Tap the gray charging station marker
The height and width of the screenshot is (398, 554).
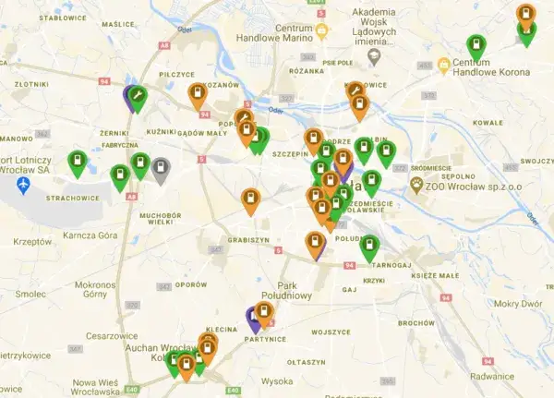pos(161,170)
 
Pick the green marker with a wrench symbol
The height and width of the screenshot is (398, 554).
pos(137,96)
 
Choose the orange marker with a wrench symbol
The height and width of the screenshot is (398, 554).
pos(355,90)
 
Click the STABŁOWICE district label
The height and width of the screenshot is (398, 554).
pos(64,18)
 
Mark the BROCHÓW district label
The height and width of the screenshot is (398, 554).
pos(417,323)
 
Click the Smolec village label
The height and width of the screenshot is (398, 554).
pos(30,294)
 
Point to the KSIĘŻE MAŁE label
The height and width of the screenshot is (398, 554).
pos(435,275)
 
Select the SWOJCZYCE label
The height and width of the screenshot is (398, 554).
pos(535,161)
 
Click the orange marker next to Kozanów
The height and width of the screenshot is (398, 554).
pos(198,95)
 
